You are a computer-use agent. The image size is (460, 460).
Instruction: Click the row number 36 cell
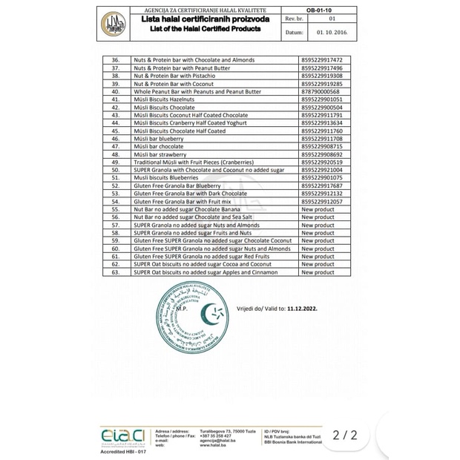click(115, 60)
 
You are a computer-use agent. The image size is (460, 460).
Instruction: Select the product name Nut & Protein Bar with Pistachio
click(174, 76)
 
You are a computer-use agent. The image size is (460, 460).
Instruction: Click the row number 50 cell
click(115, 170)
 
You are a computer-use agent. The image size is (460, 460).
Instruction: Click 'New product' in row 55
click(318, 209)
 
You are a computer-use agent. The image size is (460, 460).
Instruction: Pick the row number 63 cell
click(115, 272)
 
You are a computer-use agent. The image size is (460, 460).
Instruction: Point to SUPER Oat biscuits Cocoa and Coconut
click(202, 264)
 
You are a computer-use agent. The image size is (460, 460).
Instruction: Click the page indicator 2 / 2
click(345, 435)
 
